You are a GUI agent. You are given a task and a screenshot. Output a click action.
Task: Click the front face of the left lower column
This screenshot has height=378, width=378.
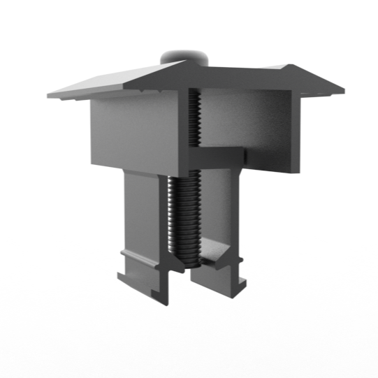click(143, 210)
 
